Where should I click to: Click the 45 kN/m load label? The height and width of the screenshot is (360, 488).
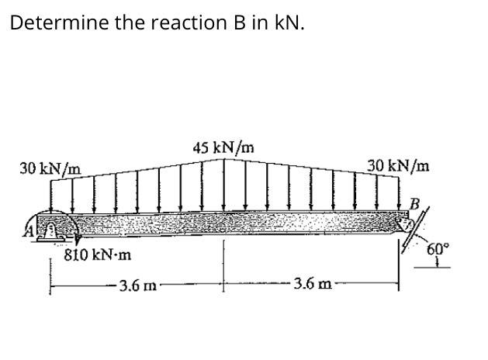225,147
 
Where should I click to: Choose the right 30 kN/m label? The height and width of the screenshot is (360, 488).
398,165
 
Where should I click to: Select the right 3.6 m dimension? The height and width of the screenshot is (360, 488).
313,285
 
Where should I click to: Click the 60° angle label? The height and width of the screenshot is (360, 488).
438,249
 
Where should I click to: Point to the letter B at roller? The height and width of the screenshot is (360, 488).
417,203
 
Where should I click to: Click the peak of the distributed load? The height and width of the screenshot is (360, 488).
225,160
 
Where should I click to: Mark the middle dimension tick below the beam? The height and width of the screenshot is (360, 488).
225,268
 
